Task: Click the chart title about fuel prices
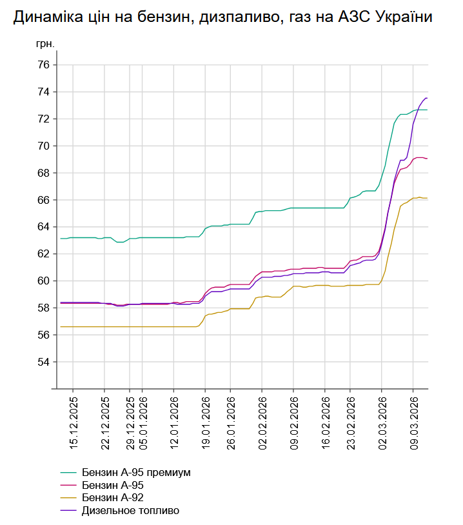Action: pyautogui.click(x=222, y=18)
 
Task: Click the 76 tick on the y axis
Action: pyautogui.click(x=44, y=65)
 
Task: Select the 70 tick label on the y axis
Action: pyautogui.click(x=44, y=146)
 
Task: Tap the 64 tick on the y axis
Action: pyautogui.click(x=44, y=227)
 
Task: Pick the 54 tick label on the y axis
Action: pyautogui.click(x=44, y=362)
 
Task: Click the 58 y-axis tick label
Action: pyautogui.click(x=44, y=308)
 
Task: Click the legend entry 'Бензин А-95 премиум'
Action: pyautogui.click(x=136, y=472)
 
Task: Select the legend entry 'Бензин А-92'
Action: pyautogui.click(x=112, y=498)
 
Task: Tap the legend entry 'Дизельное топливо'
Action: pyautogui.click(x=130, y=511)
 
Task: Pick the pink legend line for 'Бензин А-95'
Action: pyautogui.click(x=69, y=485)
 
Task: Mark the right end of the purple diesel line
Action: pyautogui.click(x=427, y=98)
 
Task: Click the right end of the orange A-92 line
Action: pyautogui.click(x=427, y=198)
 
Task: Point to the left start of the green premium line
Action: pyautogui.click(x=61, y=239)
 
